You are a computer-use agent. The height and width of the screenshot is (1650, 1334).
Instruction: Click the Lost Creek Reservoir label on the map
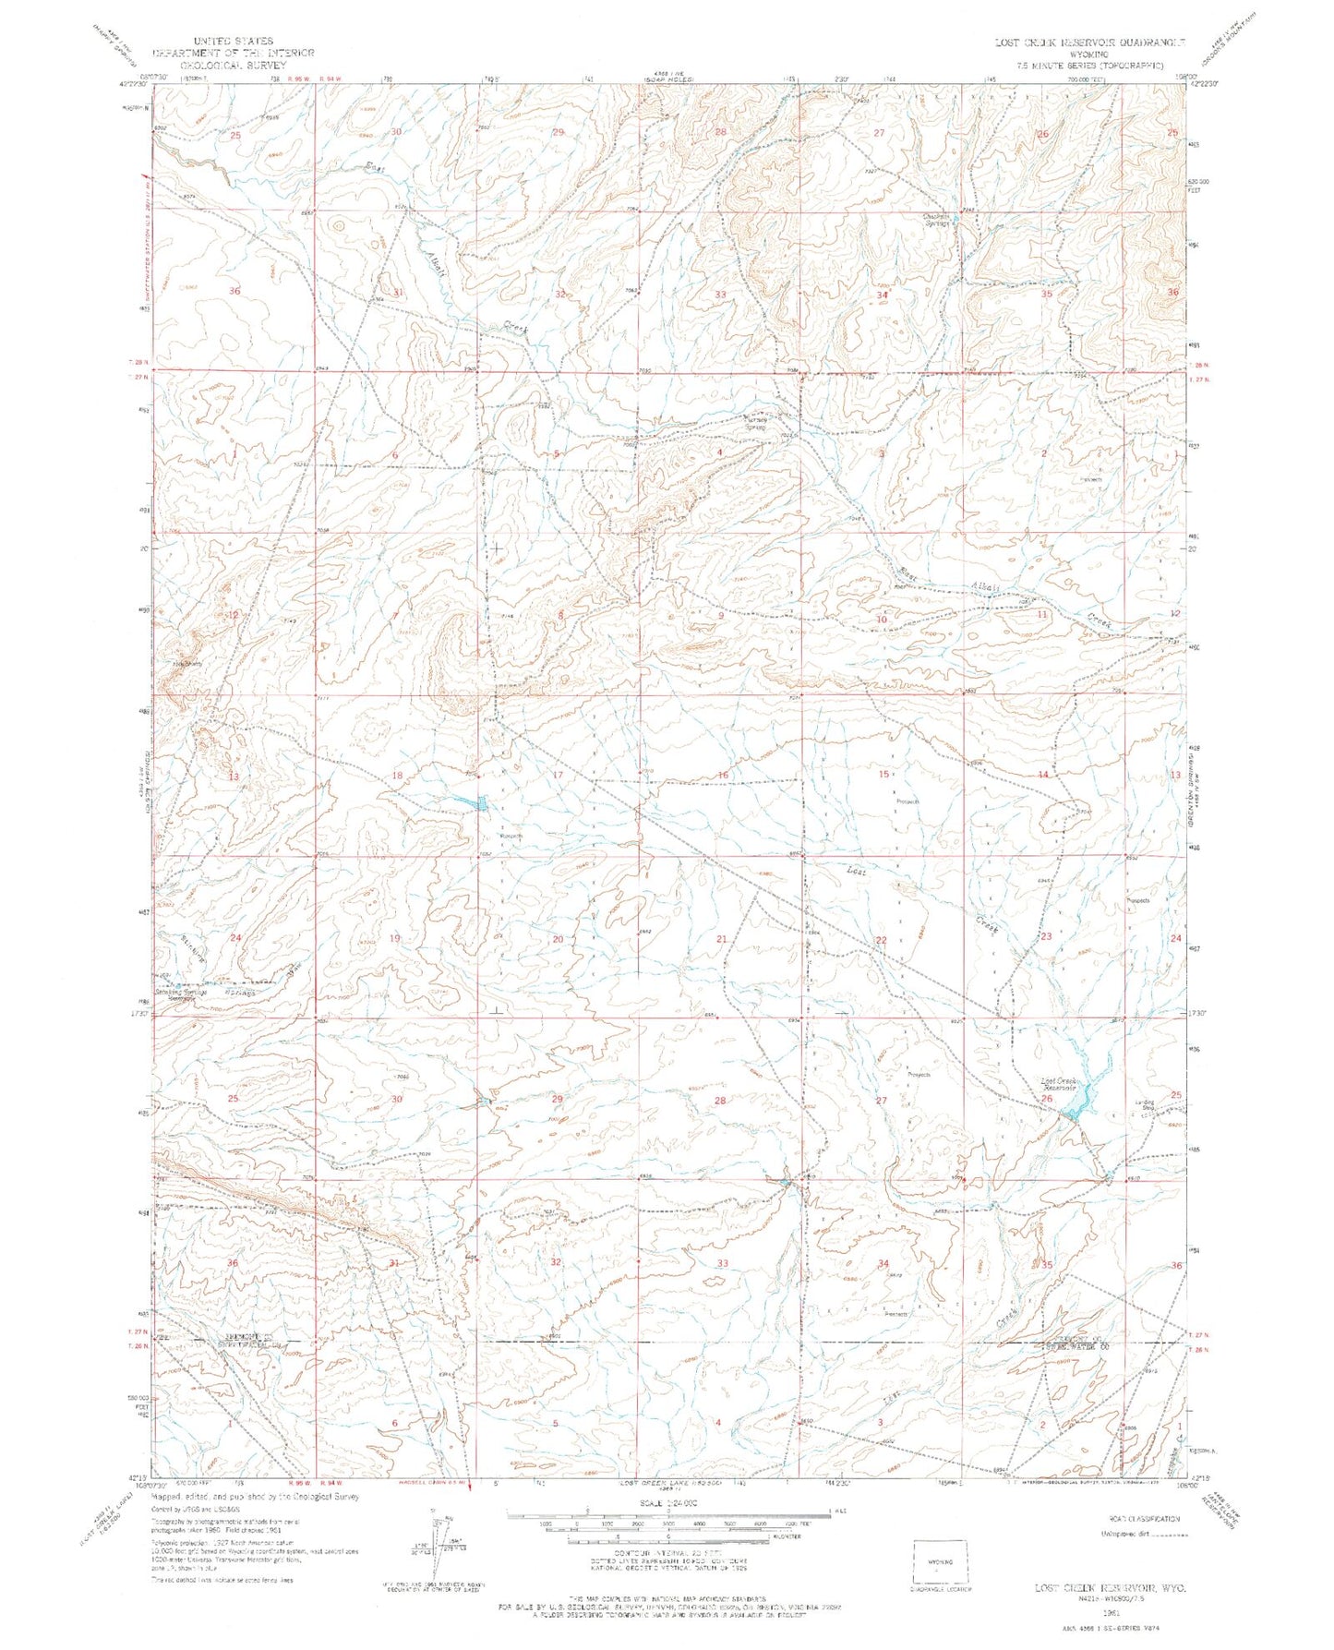(1059, 1084)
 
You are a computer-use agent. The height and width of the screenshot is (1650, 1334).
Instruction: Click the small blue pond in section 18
(480, 805)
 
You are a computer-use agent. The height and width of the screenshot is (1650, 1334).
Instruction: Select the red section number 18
(397, 776)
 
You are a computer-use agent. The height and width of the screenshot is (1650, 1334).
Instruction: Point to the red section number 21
(722, 939)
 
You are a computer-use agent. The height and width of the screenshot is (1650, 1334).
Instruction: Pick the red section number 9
(720, 615)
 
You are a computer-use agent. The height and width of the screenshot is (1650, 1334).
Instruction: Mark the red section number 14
(1042, 775)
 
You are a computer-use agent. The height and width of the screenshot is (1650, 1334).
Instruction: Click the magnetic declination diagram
(437, 1554)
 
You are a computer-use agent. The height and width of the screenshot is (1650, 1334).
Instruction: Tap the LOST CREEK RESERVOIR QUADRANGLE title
(1090, 42)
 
